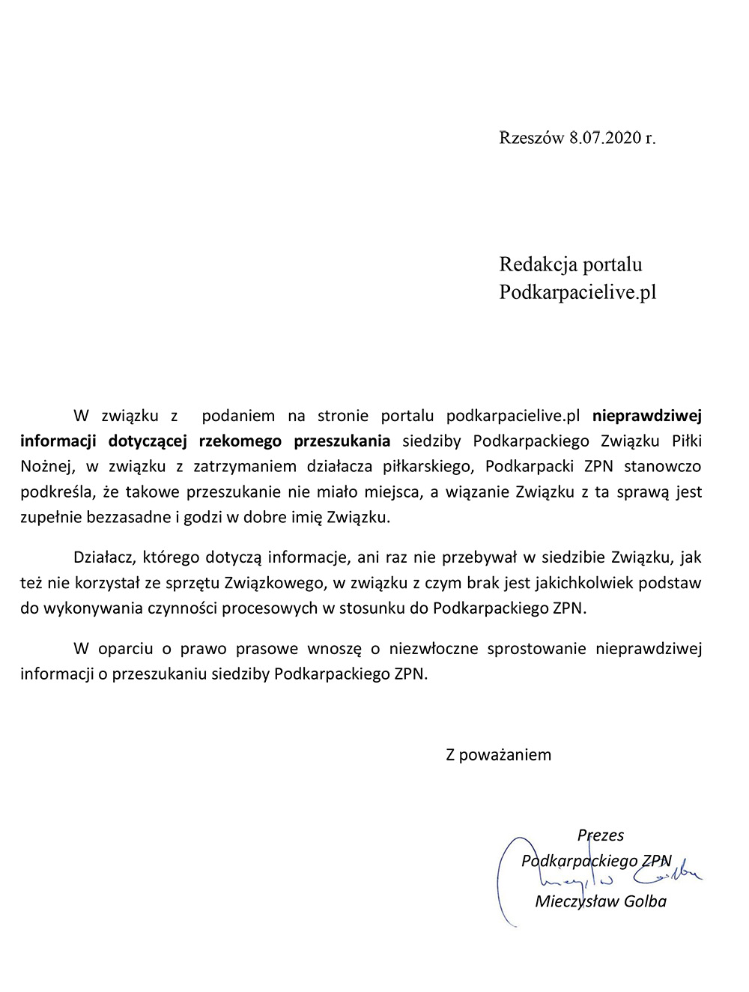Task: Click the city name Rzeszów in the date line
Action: click(531, 137)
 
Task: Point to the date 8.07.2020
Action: click(605, 137)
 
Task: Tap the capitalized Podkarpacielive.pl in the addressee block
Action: click(577, 291)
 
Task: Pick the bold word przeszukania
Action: click(342, 441)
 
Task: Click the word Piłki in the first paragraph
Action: click(682, 441)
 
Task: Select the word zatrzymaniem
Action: click(245, 466)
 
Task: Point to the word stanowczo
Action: click(663, 466)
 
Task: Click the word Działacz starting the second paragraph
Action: click(103, 557)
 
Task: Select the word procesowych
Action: click(270, 608)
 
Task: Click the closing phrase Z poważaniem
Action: click(499, 754)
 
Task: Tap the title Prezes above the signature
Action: click(601, 835)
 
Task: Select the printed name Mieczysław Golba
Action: click(601, 901)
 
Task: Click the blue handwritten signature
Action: click(674, 874)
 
